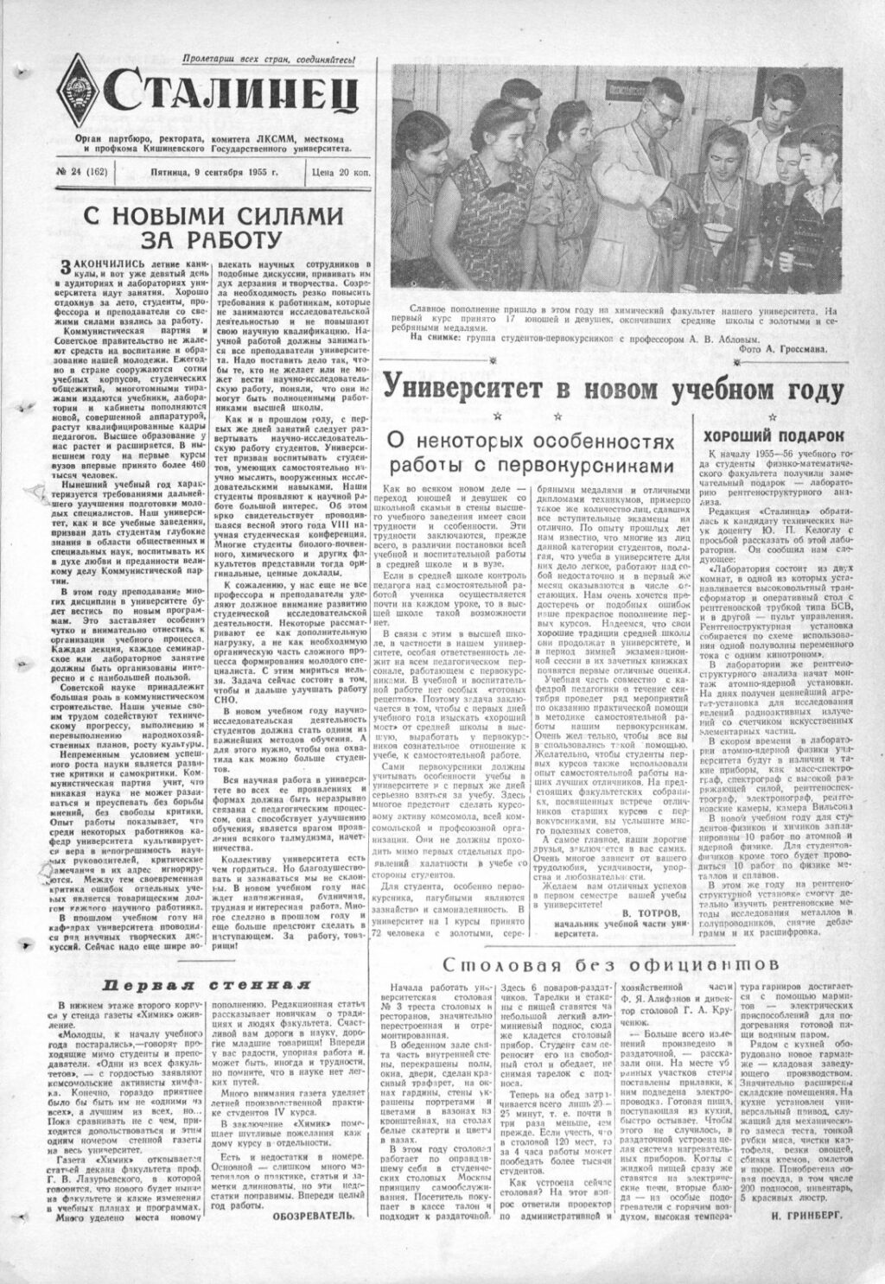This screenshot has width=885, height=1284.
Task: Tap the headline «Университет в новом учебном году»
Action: coord(612,388)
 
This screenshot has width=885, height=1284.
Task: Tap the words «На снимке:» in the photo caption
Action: coord(411,337)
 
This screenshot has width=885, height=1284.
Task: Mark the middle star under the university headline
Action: coord(612,417)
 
